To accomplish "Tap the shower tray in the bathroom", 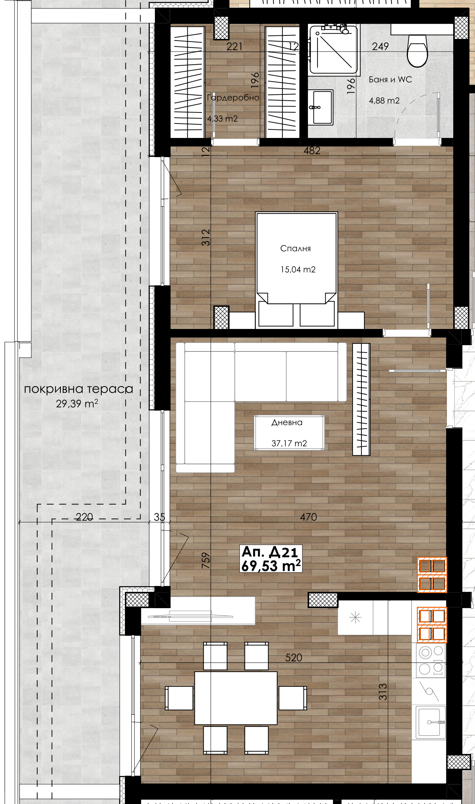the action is click(333, 49).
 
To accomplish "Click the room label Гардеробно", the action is click(233, 98).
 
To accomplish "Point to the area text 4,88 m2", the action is click(384, 101).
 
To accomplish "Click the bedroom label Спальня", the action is click(295, 249).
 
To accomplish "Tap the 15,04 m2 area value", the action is click(298, 270).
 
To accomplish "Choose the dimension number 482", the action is click(312, 150).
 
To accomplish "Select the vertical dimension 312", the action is click(206, 237).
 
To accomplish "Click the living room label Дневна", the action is click(287, 423).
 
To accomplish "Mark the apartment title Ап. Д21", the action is click(270, 552).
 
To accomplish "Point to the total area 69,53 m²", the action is click(271, 565).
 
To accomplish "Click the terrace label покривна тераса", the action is click(79, 389).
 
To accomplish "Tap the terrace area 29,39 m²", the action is click(77, 403).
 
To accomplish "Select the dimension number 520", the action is click(294, 658).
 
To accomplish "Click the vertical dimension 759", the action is click(206, 560).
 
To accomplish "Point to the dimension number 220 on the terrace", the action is click(84, 517).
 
